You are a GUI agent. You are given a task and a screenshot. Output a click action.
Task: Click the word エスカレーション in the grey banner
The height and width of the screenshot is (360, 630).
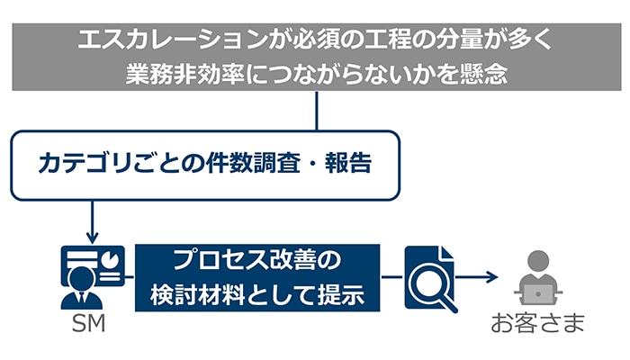(173, 40)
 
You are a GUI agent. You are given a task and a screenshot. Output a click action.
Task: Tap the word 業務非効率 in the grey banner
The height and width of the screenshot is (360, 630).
(185, 74)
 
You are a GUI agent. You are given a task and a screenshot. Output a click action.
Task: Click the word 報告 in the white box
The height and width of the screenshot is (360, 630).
(348, 164)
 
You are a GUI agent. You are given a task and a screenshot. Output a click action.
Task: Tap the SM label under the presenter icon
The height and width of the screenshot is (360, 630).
(88, 324)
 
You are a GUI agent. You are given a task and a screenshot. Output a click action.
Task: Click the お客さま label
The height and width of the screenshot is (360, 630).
(537, 324)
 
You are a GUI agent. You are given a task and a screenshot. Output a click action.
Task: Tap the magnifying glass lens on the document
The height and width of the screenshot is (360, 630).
(427, 283)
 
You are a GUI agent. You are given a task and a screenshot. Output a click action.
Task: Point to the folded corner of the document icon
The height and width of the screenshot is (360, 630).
(446, 253)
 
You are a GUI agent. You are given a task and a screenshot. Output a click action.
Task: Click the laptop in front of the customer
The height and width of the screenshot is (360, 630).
(538, 294)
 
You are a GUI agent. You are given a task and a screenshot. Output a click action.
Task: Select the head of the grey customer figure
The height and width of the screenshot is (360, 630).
(538, 261)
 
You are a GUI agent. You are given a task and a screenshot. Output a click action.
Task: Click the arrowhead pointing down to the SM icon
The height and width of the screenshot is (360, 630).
(93, 238)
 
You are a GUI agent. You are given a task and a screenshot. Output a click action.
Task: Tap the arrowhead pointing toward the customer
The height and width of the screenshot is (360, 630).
(492, 277)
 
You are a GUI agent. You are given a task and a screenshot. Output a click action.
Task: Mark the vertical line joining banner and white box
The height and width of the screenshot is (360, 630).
(317, 111)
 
